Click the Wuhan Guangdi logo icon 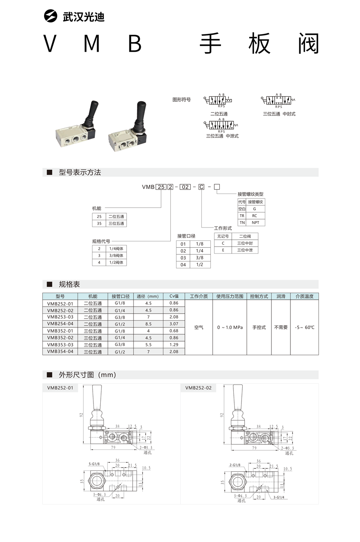point(51,16)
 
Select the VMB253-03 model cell point(60,317)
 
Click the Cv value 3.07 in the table point(174,324)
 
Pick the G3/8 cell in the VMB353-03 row point(120,345)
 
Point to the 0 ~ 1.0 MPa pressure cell point(230,327)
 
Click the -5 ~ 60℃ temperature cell point(305,327)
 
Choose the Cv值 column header point(174,296)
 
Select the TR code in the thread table point(242,216)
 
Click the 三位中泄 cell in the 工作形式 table point(245,250)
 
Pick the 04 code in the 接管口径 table point(183,265)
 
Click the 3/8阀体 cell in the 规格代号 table point(116,255)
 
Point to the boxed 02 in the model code point(185,187)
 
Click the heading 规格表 point(70,284)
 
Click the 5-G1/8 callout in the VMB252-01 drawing point(94,464)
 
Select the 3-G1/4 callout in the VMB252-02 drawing point(279,497)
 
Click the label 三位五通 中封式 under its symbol point(279,114)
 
